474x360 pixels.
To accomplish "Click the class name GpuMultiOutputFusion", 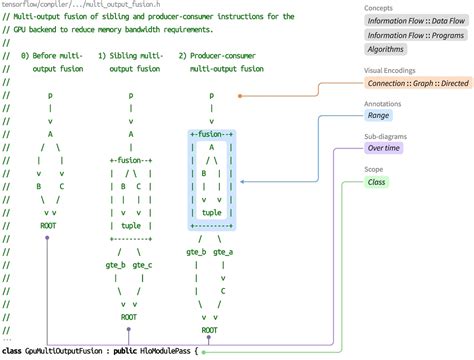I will [64, 351].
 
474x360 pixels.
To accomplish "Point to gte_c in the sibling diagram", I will [142, 265].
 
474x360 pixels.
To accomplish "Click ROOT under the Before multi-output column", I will [48, 225].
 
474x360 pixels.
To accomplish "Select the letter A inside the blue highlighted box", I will [211, 146].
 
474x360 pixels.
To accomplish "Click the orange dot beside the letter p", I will [241, 97].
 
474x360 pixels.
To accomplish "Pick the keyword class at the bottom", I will [13, 351].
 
